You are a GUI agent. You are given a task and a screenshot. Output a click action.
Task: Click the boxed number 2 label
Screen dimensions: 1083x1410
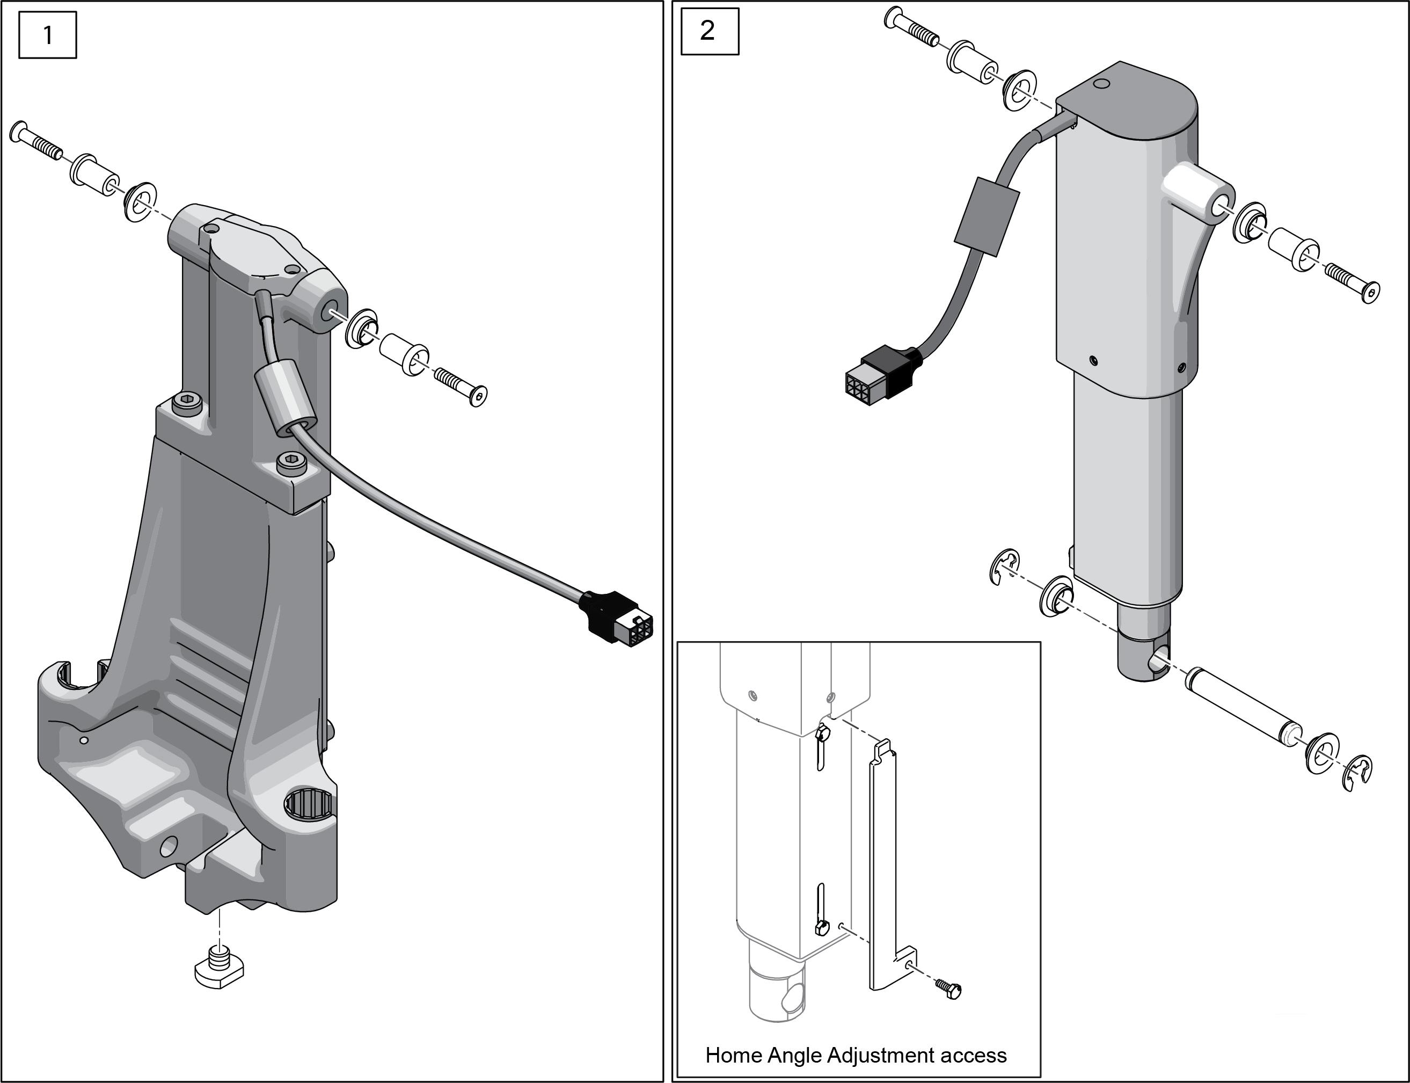pos(708,30)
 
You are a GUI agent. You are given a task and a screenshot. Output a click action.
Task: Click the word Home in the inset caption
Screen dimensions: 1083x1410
pos(732,1055)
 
